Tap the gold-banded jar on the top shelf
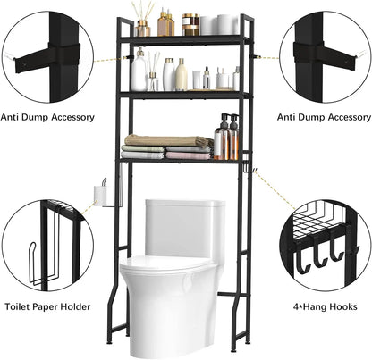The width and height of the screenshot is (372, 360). point(190,24)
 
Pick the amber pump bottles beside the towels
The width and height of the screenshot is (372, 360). point(226,138)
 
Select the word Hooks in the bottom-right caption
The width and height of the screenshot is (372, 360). point(346,307)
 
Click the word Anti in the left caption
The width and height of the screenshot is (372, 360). point(12,115)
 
